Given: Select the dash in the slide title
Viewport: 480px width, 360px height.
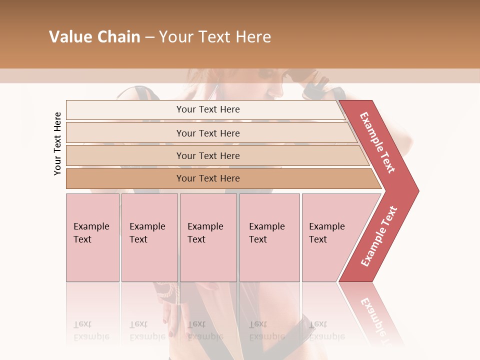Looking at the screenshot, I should [x=149, y=37].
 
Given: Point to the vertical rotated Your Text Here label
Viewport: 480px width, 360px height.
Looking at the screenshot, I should [x=57, y=144].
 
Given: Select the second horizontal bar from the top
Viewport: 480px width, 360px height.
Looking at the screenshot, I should [x=207, y=133].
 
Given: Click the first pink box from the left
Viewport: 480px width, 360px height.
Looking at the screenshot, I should [x=92, y=237].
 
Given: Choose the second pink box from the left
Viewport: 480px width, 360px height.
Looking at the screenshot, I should [x=149, y=237].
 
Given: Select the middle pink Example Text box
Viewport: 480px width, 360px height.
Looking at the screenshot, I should [x=208, y=237].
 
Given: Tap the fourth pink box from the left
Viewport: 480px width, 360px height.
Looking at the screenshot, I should [x=269, y=237].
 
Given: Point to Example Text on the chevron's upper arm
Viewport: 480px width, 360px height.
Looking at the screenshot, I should [x=378, y=142].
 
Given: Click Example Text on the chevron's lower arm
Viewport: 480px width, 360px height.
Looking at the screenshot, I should [x=379, y=236].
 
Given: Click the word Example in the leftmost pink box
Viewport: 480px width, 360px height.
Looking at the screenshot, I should [x=91, y=226].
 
